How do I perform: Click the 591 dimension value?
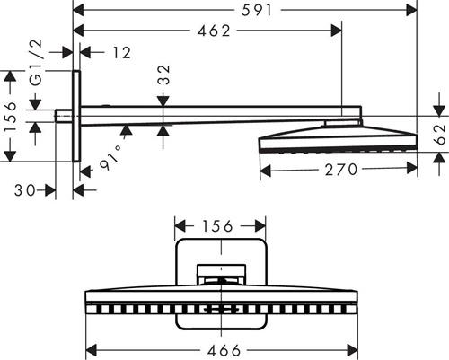click(x=257, y=11)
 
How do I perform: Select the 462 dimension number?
click(x=214, y=31)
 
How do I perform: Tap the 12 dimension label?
click(x=121, y=53)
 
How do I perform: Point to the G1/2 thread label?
click(x=36, y=63)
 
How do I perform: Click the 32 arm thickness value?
click(x=163, y=75)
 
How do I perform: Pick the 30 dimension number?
click(x=25, y=190)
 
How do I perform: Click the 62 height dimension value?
click(x=440, y=135)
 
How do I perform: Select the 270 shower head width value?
click(x=341, y=170)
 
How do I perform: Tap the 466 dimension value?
click(x=224, y=350)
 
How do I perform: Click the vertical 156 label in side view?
click(x=11, y=117)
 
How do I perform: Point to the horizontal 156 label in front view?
click(x=217, y=226)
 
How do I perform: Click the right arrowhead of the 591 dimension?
click(x=411, y=11)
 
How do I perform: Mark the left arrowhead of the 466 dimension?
click(x=91, y=350)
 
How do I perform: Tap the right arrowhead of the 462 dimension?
click(x=336, y=31)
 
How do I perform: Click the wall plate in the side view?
click(x=76, y=116)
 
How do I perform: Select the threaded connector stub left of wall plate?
click(x=64, y=116)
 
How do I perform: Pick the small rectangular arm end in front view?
click(x=221, y=274)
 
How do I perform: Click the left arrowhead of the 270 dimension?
click(x=266, y=170)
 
